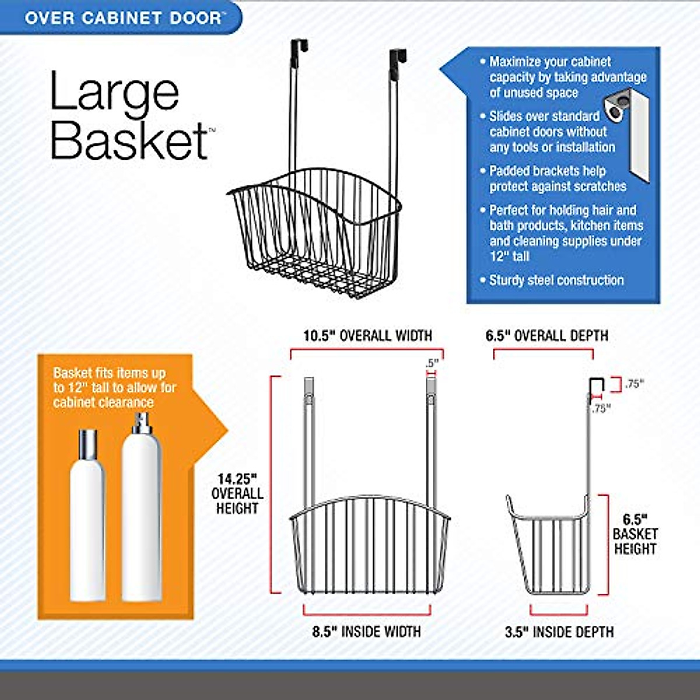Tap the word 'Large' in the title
click(114, 92)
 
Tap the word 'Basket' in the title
click(129, 141)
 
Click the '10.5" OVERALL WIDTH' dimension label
click(367, 335)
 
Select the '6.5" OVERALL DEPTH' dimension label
click(547, 335)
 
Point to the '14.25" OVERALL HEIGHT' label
click(237, 494)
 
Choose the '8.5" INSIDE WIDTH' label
click(366, 632)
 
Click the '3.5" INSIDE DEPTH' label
click(559, 632)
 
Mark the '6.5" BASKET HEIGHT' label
click(635, 534)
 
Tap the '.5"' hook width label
click(431, 363)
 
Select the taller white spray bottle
click(141, 508)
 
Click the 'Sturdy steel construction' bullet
click(556, 281)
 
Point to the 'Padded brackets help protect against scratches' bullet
click(557, 178)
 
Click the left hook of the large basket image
click(299, 50)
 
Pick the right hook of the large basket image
click(398, 60)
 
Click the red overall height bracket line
click(272, 484)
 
